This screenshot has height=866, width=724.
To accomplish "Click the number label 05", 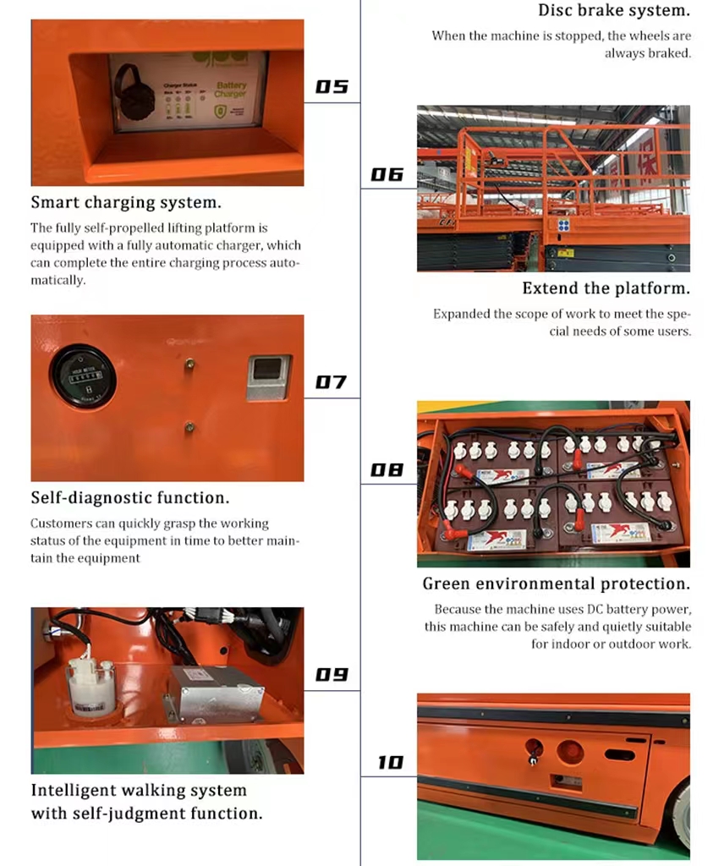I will tap(332, 87).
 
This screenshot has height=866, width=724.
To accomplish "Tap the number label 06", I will tap(387, 175).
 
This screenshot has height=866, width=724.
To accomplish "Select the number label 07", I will tap(331, 382).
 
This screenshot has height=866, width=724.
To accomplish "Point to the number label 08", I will tap(387, 469).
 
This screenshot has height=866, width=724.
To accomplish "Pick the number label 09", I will tap(332, 675).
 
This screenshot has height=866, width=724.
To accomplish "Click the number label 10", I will tap(390, 763).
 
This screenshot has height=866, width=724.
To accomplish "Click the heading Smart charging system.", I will tap(126, 203).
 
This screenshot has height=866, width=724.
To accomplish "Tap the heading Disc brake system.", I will tap(614, 11).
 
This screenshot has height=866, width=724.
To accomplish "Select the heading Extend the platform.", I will tap(606, 288).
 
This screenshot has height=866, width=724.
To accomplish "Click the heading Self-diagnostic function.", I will tap(129, 498).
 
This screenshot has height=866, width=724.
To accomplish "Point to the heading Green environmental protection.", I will tap(556, 584).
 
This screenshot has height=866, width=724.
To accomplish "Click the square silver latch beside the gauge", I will tap(268, 377).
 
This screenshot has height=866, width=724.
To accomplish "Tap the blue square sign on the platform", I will tap(563, 226).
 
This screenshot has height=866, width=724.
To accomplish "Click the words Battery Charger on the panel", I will tap(230, 90).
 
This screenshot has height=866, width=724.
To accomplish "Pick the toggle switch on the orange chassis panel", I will tap(534, 752).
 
